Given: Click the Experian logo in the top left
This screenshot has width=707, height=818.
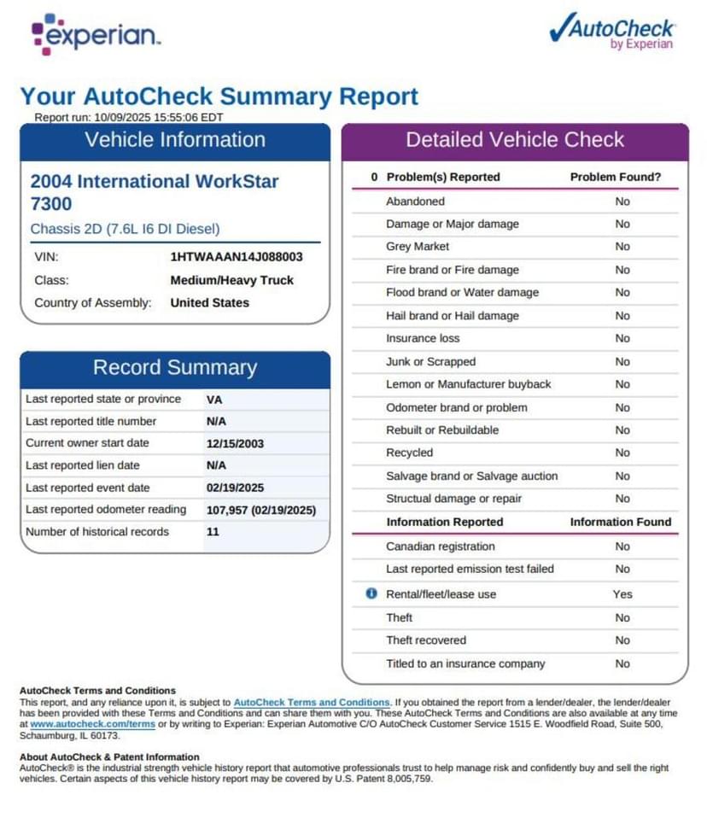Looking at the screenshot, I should point(96,34).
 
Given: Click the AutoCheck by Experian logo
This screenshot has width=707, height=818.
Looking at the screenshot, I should point(611,32).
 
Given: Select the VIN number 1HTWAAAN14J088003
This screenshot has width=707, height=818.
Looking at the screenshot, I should point(237,256).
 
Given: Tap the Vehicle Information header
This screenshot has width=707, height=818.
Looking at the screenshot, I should point(175,141).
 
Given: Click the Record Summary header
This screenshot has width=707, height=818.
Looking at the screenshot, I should point(175,368).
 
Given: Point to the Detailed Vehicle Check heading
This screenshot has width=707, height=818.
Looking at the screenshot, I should point(515,141).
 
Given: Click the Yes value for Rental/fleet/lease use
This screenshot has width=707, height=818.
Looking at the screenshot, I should point(622,594).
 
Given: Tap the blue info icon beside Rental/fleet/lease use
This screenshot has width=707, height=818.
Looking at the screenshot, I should point(371,593).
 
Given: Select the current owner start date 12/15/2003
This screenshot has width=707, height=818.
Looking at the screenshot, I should point(236,443).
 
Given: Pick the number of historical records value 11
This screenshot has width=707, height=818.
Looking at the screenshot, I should point(213,532).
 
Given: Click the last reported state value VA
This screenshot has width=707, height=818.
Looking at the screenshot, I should point(214,399).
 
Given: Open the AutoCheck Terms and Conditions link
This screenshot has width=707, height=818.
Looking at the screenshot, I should point(312,702).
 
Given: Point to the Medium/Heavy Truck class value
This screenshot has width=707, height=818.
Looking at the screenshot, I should point(231,280).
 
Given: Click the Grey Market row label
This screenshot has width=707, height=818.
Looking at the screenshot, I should point(418,247).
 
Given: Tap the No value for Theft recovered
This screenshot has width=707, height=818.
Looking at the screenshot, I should point(622,640).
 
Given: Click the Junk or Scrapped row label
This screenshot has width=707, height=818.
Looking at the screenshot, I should point(430,362).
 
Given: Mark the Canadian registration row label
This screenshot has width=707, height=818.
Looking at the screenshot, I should point(440,546).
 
